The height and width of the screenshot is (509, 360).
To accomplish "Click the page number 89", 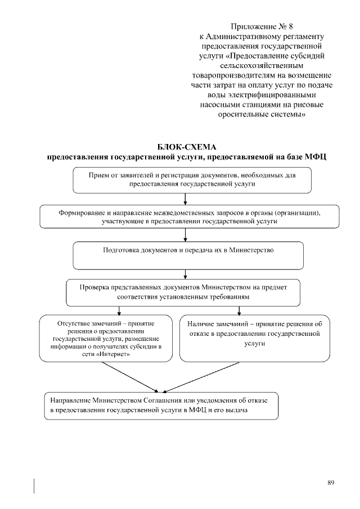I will point(331,483).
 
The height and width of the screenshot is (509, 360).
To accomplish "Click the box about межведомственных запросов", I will point(189,217).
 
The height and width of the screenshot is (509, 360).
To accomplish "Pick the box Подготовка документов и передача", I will point(188,255).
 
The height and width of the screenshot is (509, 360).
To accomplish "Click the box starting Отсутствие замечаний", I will point(105,338).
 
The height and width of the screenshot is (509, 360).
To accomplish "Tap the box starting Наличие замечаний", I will point(255,338).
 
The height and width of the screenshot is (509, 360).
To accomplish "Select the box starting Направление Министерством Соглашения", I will point(161,406).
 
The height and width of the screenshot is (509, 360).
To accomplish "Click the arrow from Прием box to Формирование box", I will point(186,199).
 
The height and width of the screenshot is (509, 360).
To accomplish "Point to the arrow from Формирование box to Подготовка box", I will point(186,236).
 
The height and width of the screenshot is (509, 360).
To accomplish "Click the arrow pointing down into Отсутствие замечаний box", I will point(119,310).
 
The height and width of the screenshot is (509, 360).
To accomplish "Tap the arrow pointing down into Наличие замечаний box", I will point(239,310).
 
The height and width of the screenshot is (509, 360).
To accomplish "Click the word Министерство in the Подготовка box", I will point(251,250).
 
